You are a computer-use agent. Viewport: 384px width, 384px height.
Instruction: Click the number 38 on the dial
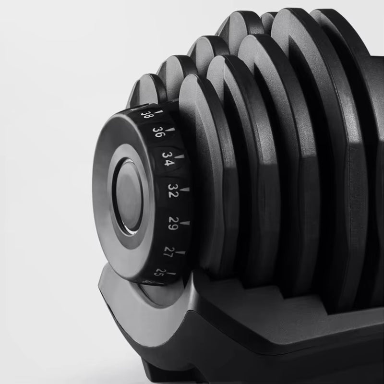pos(146,115)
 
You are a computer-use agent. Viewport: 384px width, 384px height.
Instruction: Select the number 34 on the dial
pos(168,159)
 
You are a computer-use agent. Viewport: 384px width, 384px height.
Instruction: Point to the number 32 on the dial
pos(173,191)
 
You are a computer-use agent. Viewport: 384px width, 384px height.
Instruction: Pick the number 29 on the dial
pos(173,223)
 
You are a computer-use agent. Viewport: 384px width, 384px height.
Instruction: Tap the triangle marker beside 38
pos(160,112)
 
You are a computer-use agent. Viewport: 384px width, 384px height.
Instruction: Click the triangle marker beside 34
pos(181,156)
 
